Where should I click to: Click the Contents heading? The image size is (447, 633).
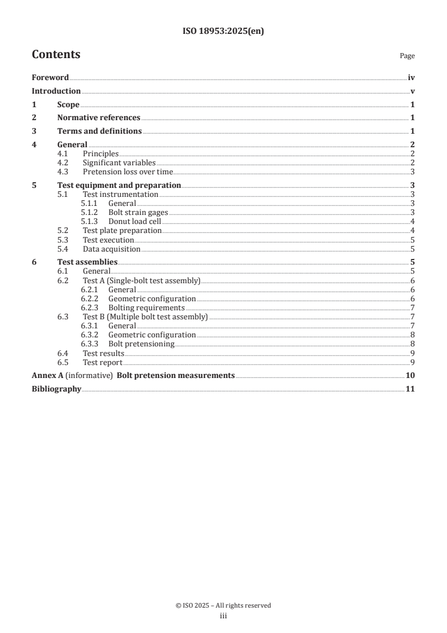click(x=56, y=55)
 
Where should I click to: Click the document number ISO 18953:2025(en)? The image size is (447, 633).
click(x=223, y=32)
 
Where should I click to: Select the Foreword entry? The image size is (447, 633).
click(x=50, y=77)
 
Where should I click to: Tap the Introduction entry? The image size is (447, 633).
click(x=56, y=91)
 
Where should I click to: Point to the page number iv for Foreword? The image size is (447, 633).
click(x=411, y=77)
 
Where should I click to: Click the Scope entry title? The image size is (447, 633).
click(x=68, y=104)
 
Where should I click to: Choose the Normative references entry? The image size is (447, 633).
click(x=99, y=118)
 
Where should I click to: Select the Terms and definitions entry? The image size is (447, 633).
click(x=99, y=131)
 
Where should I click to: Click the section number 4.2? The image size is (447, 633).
click(x=64, y=163)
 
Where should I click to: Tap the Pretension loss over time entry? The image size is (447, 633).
click(x=128, y=172)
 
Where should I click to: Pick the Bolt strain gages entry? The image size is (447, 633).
click(x=138, y=213)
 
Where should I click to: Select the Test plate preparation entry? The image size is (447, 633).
click(x=122, y=231)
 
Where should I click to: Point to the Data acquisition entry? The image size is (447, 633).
click(x=112, y=249)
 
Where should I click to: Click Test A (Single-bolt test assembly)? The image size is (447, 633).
click(x=141, y=280)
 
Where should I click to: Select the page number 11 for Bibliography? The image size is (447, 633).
click(x=410, y=389)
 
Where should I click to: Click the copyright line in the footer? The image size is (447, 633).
click(x=223, y=605)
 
